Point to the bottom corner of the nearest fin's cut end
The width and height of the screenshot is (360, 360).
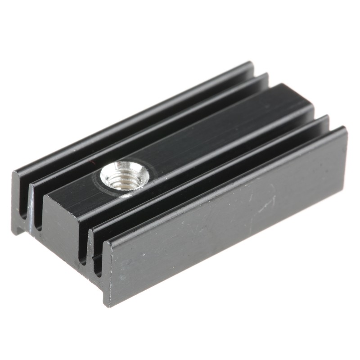107,305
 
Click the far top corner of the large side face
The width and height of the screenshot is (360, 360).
345,128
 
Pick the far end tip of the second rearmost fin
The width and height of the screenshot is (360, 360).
266,75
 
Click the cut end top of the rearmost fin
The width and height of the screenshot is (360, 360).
15,175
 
